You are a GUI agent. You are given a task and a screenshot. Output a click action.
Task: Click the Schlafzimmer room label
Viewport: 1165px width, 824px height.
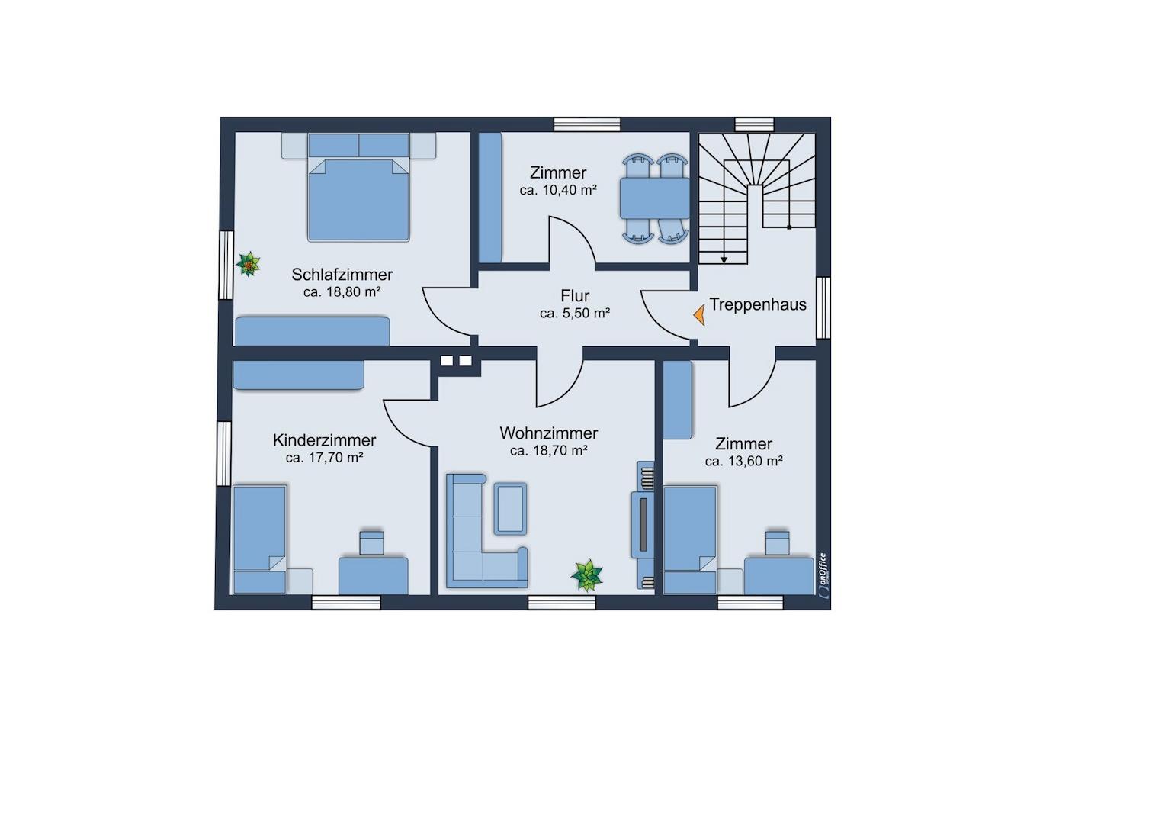click(342, 275)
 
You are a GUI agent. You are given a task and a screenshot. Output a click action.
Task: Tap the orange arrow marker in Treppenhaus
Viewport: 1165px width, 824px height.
click(700, 315)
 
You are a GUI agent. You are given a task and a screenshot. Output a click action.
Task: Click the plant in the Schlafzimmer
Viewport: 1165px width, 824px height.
click(249, 265)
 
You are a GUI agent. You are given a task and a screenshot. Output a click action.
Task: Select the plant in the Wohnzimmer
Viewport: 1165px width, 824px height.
click(586, 576)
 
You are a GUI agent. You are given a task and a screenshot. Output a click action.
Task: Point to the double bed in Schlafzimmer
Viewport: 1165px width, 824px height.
click(358, 188)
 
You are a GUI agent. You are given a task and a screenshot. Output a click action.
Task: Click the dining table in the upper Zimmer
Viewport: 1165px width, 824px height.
click(654, 198)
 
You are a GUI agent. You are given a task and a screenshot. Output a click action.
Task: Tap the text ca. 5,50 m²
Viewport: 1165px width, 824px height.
click(575, 314)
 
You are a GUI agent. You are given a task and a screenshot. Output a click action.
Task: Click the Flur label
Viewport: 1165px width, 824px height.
click(575, 296)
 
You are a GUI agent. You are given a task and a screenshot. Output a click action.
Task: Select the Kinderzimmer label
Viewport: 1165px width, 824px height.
click(324, 440)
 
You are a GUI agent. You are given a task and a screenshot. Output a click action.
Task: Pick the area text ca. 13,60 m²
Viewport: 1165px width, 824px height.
click(743, 461)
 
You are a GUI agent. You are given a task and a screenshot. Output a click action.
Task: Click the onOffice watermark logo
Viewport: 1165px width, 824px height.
click(822, 575)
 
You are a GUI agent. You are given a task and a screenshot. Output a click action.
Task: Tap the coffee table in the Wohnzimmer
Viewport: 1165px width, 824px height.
click(510, 509)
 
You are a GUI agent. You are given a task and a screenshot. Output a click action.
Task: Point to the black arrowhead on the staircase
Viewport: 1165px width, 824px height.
click(724, 259)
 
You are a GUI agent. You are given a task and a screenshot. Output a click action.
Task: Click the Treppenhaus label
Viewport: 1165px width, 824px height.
click(758, 304)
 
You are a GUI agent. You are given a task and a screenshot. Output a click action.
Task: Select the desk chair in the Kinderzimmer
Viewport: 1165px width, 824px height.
click(372, 542)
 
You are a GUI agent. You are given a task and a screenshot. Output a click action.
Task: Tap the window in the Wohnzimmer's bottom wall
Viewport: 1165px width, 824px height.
click(562, 603)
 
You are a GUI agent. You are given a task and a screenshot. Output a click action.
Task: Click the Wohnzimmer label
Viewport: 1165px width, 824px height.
click(549, 433)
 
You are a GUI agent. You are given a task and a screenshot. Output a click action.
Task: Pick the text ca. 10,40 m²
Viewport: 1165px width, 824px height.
click(558, 191)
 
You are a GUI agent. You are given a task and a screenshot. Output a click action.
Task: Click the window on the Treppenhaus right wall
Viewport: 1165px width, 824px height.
click(823, 307)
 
